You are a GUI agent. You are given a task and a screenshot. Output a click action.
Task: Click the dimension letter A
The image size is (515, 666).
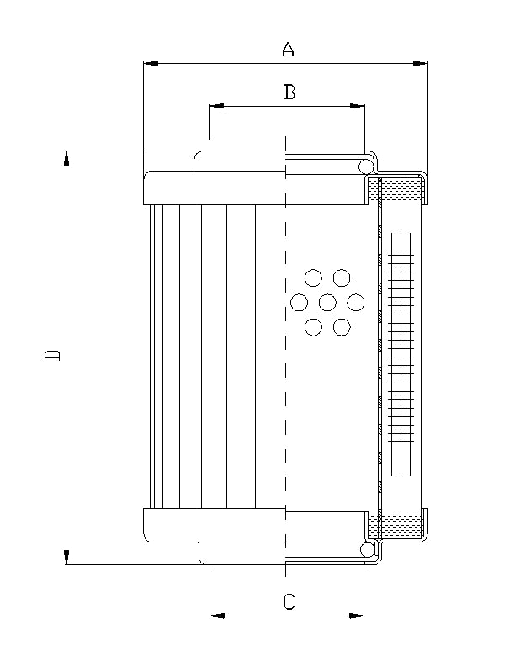tap(288, 50)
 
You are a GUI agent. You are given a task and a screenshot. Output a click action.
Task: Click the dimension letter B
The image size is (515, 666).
tap(289, 92)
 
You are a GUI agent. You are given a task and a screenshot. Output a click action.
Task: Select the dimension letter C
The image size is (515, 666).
tap(289, 601)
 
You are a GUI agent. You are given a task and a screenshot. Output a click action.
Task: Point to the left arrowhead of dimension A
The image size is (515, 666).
tap(151, 62)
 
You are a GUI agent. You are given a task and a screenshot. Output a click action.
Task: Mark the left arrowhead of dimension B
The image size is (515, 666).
tap(215, 107)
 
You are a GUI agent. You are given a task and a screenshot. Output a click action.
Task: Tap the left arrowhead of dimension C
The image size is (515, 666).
tap(215, 616)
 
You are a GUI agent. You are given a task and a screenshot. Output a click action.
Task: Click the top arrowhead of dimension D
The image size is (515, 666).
tap(67, 157)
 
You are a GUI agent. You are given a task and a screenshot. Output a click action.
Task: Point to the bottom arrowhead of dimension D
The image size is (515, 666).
tap(67, 558)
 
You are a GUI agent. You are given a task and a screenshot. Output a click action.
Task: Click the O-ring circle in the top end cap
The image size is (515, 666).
tap(367, 167)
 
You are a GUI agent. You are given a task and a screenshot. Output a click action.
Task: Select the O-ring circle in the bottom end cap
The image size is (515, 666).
tap(367, 549)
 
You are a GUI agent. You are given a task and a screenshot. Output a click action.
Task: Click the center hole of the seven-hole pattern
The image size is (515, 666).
tap(327, 302)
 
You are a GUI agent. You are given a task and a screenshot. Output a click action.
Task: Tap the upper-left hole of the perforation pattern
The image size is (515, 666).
tap(313, 277)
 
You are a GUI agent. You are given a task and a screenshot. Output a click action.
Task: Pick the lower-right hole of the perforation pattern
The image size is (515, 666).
tap(342, 327)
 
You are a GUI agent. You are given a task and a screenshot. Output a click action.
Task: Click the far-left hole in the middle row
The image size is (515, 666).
tap(299, 302)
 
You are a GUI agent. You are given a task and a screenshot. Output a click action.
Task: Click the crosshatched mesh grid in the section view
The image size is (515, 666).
tap(401, 349)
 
